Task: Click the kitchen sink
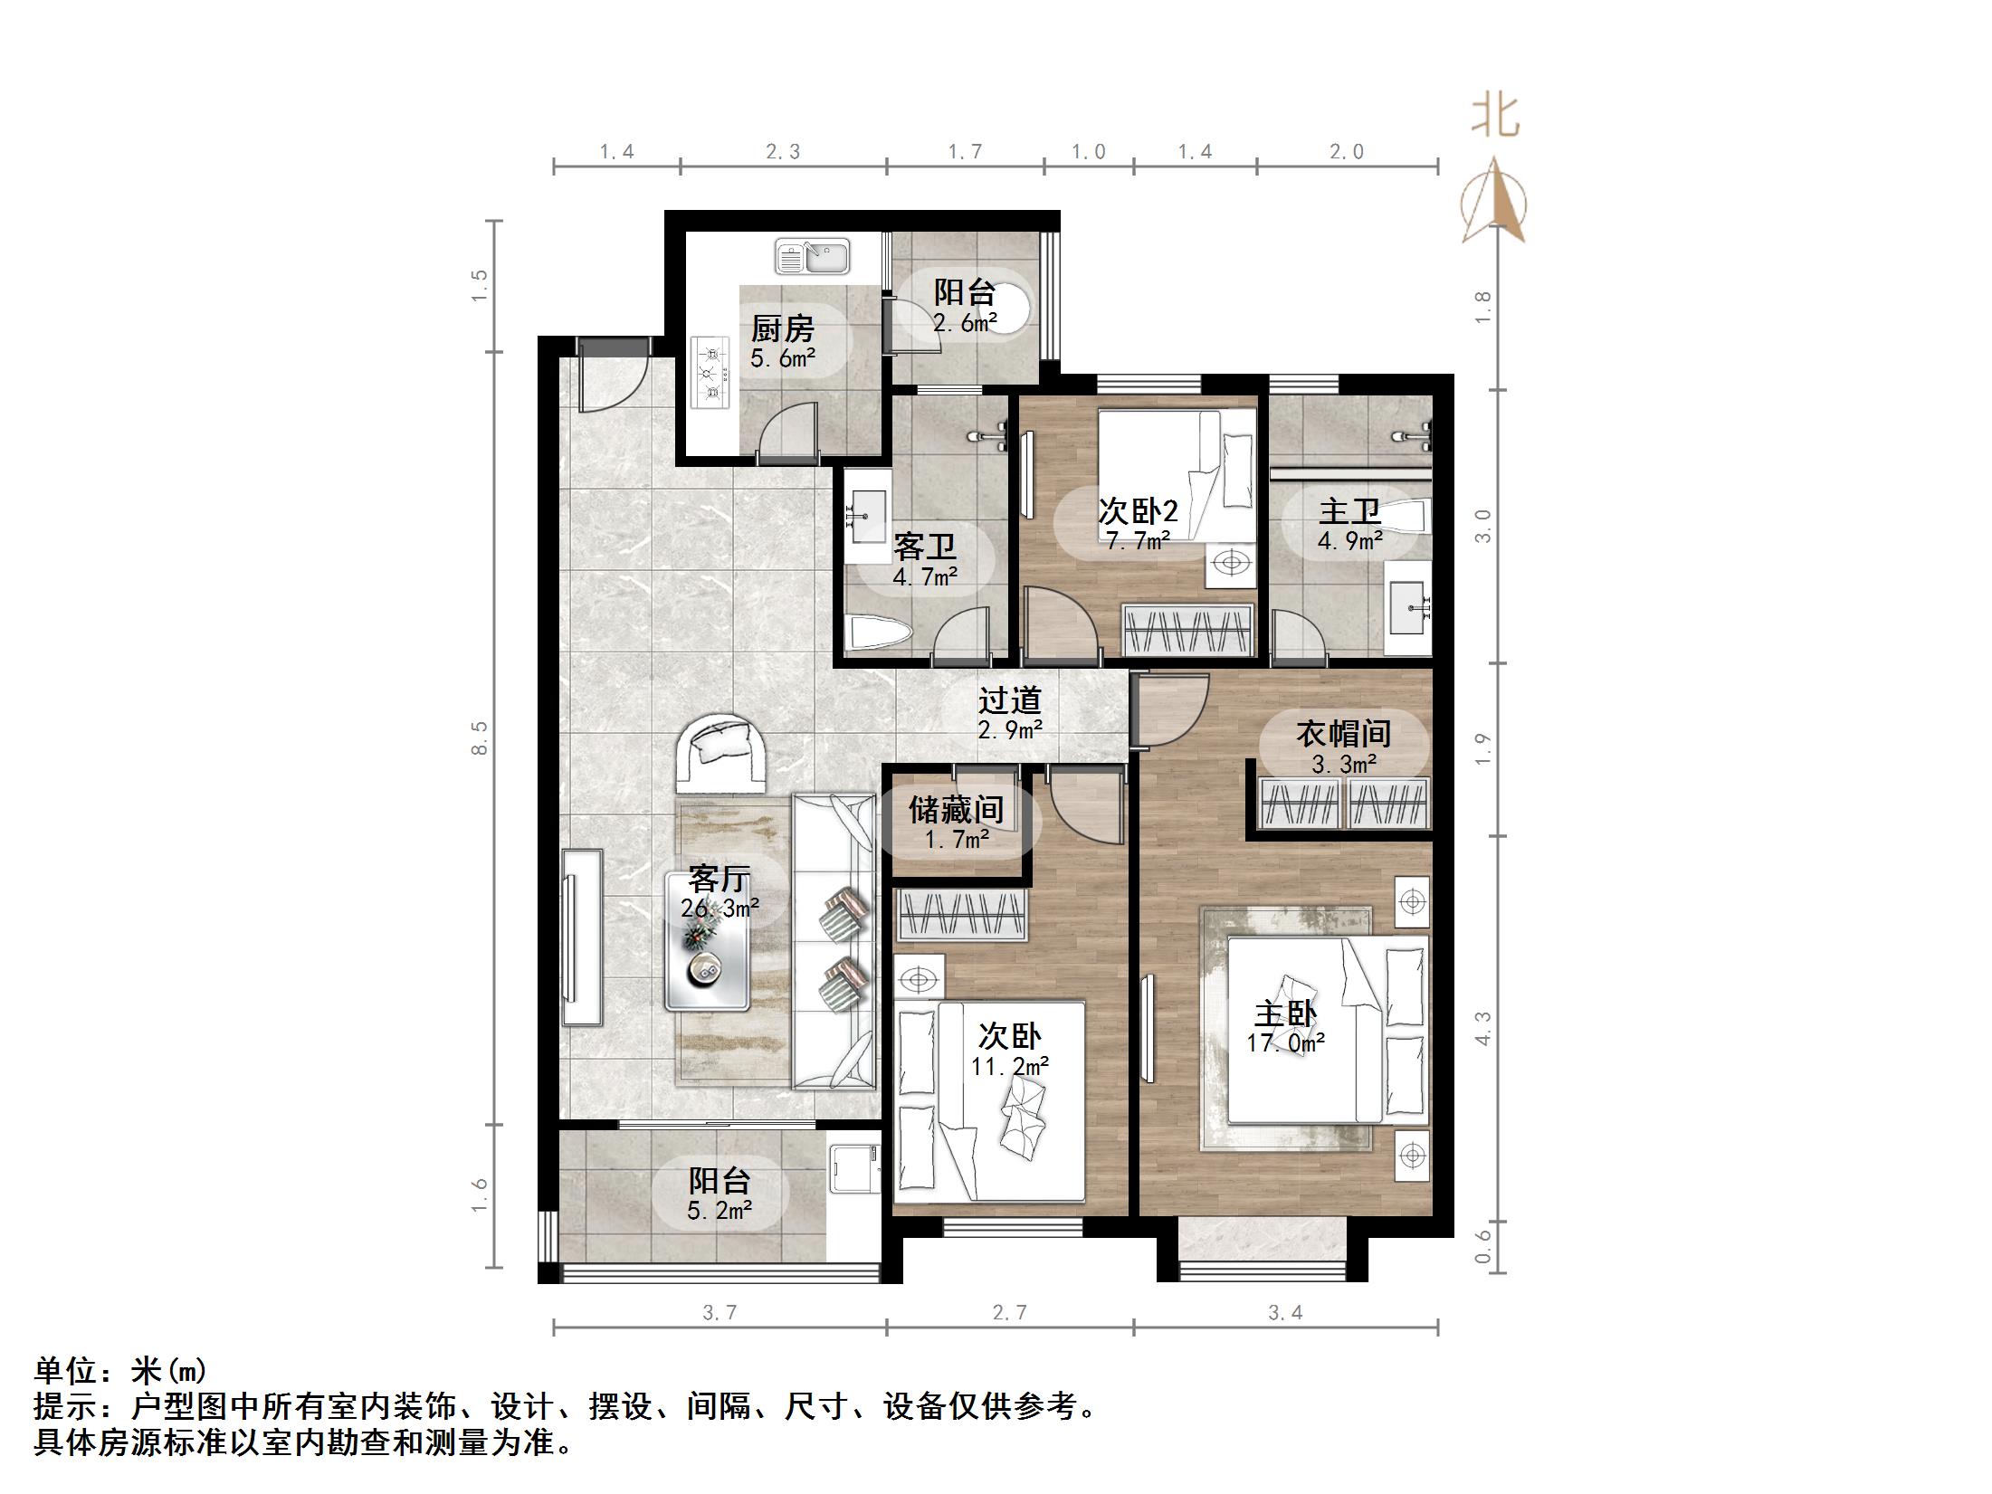pos(812,256)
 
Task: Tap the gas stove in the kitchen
pos(711,371)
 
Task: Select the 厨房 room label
pos(782,328)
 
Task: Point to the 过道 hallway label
pos(1010,700)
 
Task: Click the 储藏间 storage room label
pos(956,809)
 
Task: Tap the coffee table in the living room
pos(707,941)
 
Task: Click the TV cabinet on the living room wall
pos(581,937)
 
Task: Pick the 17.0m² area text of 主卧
pos(1285,1043)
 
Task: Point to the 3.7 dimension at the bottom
pos(720,1313)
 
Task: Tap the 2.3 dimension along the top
pos(783,152)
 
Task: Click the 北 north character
pos(1494,117)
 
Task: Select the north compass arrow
pos(1494,202)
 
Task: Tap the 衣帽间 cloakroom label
pos(1343,734)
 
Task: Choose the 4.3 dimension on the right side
pos(1482,1028)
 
